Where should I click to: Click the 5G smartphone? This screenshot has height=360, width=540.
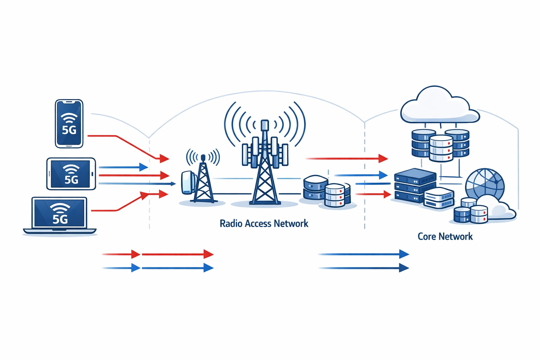pos(69,123)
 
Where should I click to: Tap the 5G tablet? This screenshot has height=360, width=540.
pos(71,174)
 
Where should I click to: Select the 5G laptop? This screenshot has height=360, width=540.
pos(59,214)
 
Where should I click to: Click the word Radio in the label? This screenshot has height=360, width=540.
pos(230,224)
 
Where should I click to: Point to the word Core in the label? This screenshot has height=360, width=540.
pos(427,236)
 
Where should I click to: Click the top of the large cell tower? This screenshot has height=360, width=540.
pos(265,125)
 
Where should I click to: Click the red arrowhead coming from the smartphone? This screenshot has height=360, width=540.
pos(164,159)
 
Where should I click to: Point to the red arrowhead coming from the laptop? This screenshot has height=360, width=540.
pos(163,194)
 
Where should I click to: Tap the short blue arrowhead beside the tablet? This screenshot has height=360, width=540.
pos(143,167)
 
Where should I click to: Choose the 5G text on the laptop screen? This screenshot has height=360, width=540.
pos(60,219)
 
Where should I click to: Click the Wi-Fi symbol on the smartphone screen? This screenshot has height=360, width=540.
pos(69,118)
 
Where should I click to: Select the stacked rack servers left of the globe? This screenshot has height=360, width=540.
pos(414,185)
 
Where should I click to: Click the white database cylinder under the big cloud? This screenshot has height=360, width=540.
pos(441,148)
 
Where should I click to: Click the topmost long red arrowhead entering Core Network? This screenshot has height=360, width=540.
pos(383,159)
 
